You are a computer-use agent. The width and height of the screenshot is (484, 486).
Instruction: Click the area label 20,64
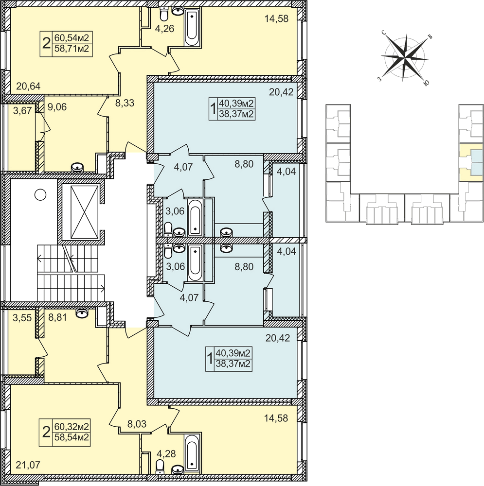click(28, 86)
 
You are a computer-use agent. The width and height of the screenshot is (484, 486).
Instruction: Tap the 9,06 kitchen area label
click(57, 107)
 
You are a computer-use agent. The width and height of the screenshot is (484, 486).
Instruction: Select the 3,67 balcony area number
click(23, 110)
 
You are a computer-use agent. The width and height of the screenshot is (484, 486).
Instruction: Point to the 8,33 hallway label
click(125, 103)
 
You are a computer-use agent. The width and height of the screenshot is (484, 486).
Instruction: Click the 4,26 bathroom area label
click(164, 29)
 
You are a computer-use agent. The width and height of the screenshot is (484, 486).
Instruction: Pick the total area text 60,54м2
click(72, 38)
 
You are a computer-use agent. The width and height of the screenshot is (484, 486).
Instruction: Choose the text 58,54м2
click(72, 437)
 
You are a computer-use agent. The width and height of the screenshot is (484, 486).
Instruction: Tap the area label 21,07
click(28, 465)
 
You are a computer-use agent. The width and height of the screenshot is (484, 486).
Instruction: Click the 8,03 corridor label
click(137, 424)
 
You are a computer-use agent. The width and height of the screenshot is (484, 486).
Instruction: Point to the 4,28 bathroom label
click(166, 454)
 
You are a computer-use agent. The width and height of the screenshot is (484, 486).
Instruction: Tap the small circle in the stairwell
click(40, 195)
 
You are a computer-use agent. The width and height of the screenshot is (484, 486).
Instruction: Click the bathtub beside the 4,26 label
click(192, 27)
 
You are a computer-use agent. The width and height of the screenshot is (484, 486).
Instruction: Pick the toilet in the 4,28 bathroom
click(160, 466)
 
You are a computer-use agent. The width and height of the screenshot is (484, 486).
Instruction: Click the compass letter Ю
click(427, 83)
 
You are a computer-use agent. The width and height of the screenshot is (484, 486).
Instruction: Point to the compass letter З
click(379, 79)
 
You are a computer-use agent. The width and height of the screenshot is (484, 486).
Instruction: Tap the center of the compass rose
click(405, 58)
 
